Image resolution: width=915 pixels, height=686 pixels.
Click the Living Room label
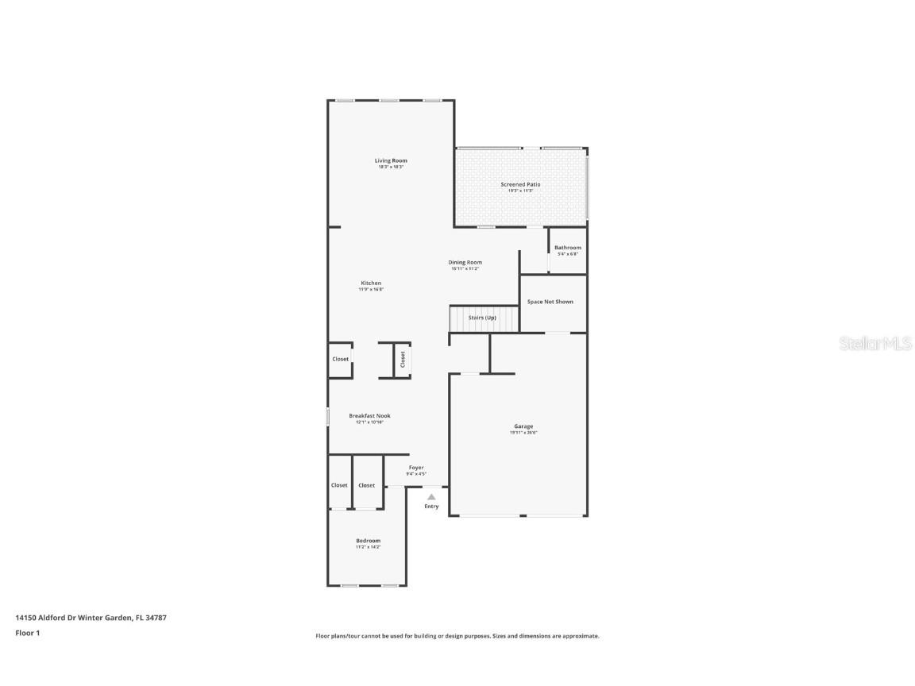(x=391, y=160)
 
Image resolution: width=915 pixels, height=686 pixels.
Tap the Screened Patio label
(x=520, y=184)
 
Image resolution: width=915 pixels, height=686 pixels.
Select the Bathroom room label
(x=568, y=248)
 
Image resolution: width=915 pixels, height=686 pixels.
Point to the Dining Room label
(x=465, y=262)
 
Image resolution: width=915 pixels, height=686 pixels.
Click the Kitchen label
(x=371, y=283)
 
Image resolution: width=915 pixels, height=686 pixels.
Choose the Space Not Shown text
(x=550, y=302)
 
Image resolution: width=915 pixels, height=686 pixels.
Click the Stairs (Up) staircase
(x=482, y=318)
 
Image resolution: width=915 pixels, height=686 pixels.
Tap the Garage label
(x=523, y=426)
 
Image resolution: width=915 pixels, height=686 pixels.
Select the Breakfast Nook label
(x=369, y=415)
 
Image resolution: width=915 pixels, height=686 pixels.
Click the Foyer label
(x=416, y=468)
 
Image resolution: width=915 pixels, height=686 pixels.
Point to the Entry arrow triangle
(x=431, y=497)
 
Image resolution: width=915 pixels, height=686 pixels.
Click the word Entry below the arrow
(x=431, y=507)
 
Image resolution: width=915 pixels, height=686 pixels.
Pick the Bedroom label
(x=368, y=541)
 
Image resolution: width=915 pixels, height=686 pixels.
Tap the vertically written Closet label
(x=403, y=359)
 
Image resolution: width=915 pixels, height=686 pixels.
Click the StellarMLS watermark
(x=876, y=343)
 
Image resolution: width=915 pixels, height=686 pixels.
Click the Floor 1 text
(x=27, y=633)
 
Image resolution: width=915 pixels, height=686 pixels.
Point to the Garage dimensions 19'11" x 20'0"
(x=523, y=433)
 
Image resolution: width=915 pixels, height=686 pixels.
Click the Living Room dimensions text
(x=391, y=167)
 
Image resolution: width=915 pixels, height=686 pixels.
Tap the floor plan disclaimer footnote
(x=457, y=636)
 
